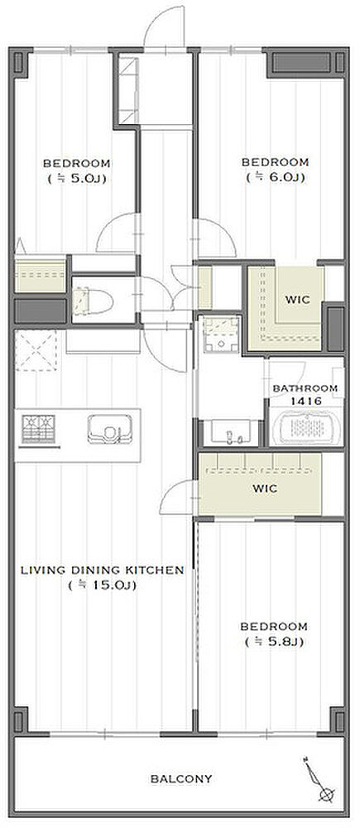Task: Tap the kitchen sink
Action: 109,429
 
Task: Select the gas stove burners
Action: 39,429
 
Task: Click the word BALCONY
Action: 181,778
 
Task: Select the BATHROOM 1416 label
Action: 305,394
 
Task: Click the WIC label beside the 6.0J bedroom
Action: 297,300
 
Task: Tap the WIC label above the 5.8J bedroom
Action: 265,489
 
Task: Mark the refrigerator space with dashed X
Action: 36,350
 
